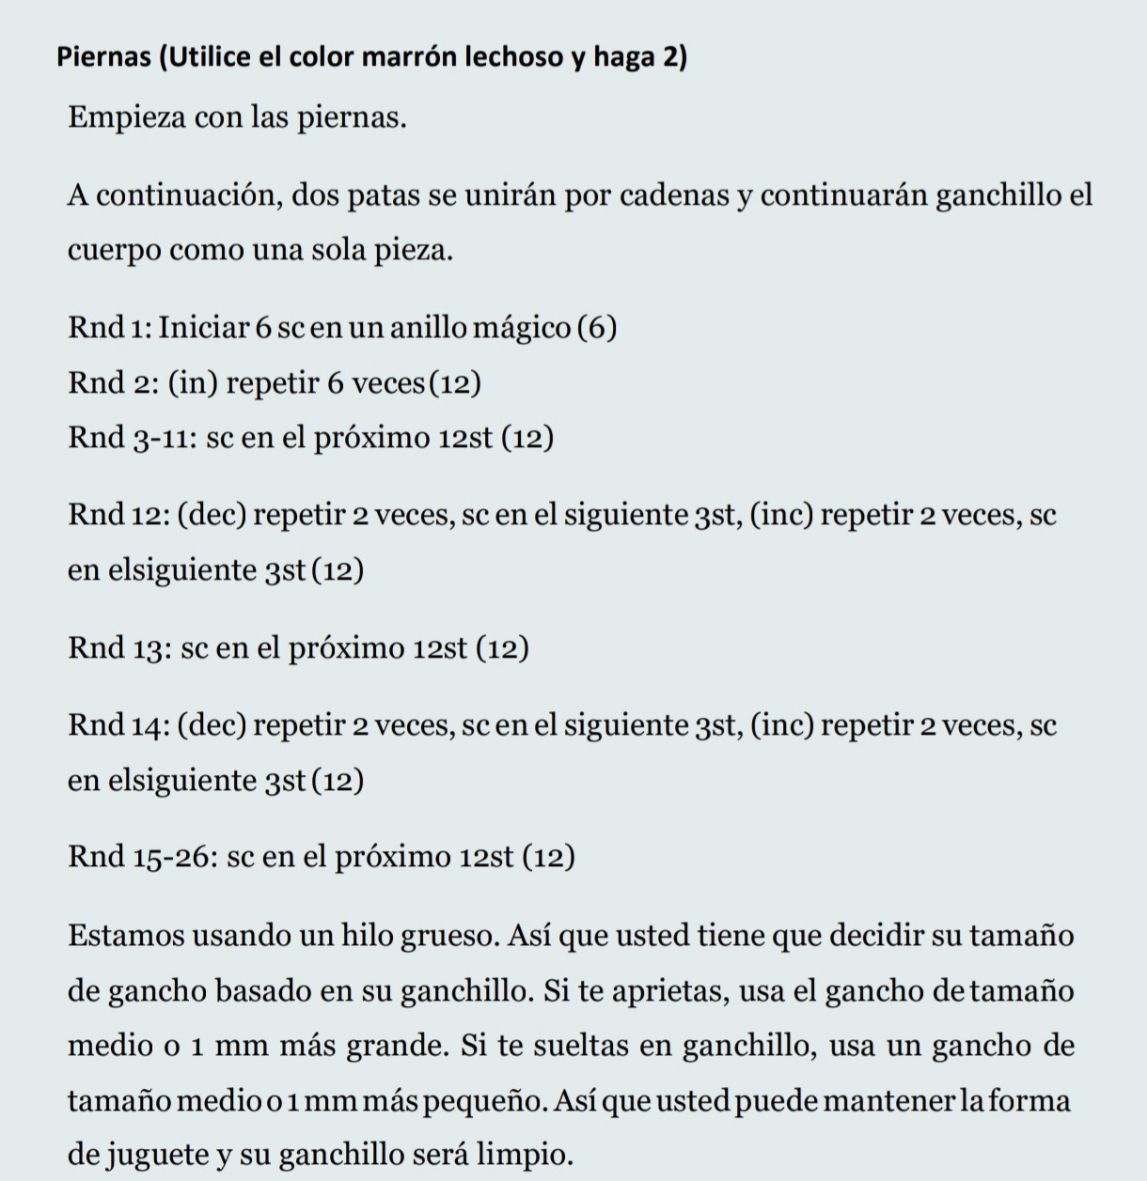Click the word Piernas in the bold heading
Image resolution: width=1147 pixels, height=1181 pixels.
pyautogui.click(x=103, y=57)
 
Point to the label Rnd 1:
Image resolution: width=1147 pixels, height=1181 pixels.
pyautogui.click(x=109, y=328)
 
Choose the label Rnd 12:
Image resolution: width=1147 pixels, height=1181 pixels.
pyautogui.click(x=118, y=515)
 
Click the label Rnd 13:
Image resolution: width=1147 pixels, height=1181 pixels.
pyautogui.click(x=118, y=648)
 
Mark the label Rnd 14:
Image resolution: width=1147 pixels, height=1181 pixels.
pyautogui.click(x=118, y=725)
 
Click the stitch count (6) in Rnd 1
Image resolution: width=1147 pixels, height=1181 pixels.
pyautogui.click(x=597, y=328)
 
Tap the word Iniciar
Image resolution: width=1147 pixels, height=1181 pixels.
pyautogui.click(x=203, y=328)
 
